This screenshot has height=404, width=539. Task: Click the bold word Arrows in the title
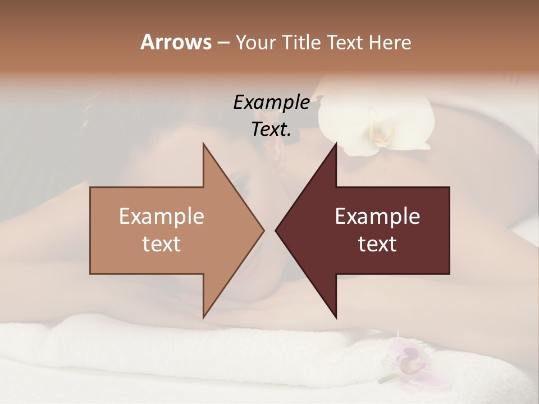[x=175, y=42]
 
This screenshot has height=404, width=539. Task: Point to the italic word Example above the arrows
[x=271, y=103]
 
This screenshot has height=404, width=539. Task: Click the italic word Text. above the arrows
[x=271, y=129]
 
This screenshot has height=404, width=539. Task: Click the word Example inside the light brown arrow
[x=162, y=217]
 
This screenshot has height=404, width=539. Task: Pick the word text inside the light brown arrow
[x=162, y=244]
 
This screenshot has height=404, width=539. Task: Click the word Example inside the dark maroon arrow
[x=377, y=217]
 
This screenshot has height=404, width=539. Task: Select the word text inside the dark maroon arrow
[x=377, y=244]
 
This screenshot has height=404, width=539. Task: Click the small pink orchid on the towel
[x=405, y=359]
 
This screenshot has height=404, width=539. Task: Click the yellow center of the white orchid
[x=378, y=133]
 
